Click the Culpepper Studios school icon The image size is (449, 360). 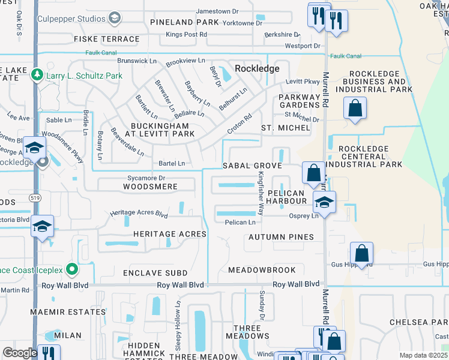point(114,19)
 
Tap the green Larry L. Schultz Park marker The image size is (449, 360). point(37,76)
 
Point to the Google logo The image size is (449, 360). point(20,353)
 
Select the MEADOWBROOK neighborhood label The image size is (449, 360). point(266,270)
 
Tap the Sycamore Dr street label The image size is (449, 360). point(146,178)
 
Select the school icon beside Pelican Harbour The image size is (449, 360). point(324,202)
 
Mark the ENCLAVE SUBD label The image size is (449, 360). point(155,273)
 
